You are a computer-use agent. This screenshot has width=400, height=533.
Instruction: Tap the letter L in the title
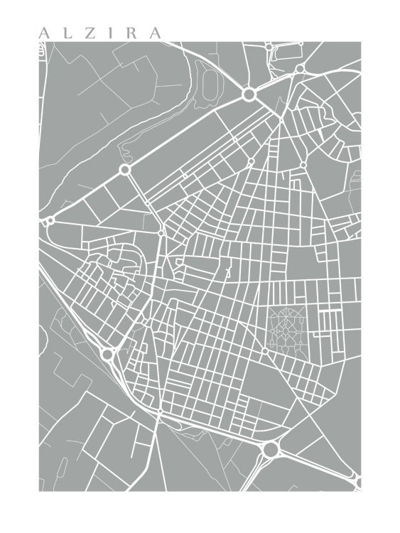click(65, 33)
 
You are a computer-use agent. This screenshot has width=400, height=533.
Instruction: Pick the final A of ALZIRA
click(155, 33)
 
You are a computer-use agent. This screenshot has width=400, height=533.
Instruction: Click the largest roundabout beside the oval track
click(249, 94)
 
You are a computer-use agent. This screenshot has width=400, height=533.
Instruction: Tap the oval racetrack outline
click(210, 86)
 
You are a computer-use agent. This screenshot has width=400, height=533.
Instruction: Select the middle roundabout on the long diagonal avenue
click(125, 170)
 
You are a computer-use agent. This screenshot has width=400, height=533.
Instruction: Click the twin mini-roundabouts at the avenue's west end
click(49, 221)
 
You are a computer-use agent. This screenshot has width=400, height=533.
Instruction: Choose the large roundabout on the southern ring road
click(269, 449)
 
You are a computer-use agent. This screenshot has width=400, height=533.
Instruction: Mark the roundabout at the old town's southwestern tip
click(108, 353)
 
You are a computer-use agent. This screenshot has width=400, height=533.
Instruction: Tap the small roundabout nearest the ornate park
click(265, 350)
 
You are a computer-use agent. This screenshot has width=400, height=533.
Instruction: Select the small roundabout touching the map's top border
click(269, 46)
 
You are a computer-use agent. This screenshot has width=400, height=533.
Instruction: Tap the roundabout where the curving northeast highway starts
click(300, 68)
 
